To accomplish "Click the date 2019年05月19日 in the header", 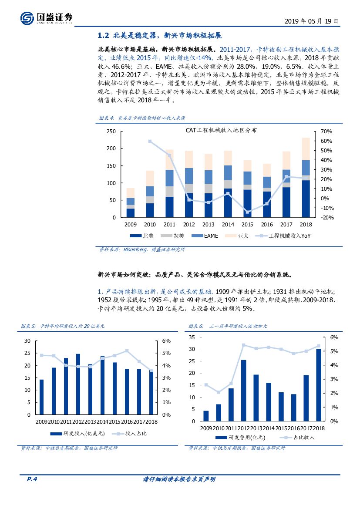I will coord(311,20).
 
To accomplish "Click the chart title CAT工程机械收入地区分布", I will coord(222,130).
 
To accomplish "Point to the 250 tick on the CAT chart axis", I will coord(111,131).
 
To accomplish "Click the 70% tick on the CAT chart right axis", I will coord(326,131).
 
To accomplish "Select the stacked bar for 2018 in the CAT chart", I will coord(306,177).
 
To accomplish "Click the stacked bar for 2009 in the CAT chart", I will coord(131,202).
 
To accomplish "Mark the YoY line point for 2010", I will coord(150,141).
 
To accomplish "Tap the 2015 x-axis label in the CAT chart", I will coord(247,225).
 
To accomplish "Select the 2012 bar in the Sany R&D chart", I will coord(243,390).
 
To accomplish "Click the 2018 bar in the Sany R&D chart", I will coord(319,385).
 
